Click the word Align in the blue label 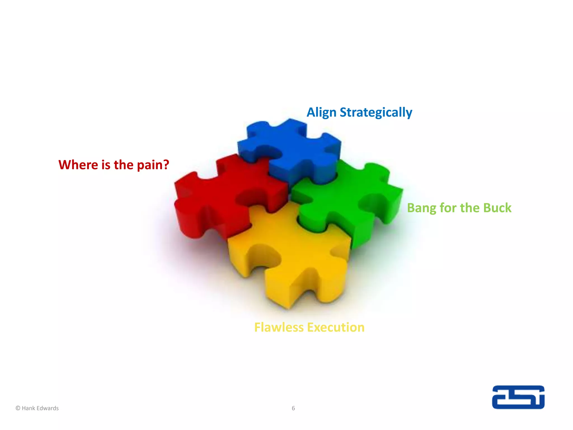coord(321,113)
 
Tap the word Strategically coord(376,113)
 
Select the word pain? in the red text coord(153,165)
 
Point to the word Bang coord(421,208)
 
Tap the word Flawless coord(279,327)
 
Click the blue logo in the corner coord(518,397)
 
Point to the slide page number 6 coord(293,408)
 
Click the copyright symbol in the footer coord(18,408)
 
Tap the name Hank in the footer coord(28,408)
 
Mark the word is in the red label coord(106,165)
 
